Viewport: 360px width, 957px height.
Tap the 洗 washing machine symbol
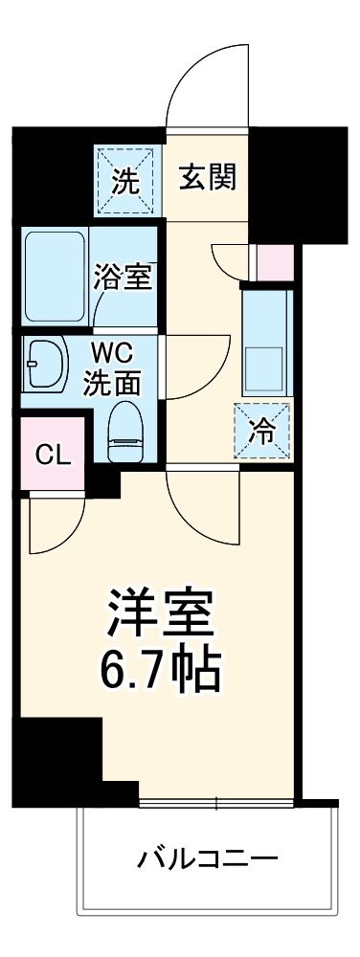(x=127, y=180)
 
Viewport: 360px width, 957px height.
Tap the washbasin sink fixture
(x=43, y=367)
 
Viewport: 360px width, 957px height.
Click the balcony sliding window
(x=216, y=801)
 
